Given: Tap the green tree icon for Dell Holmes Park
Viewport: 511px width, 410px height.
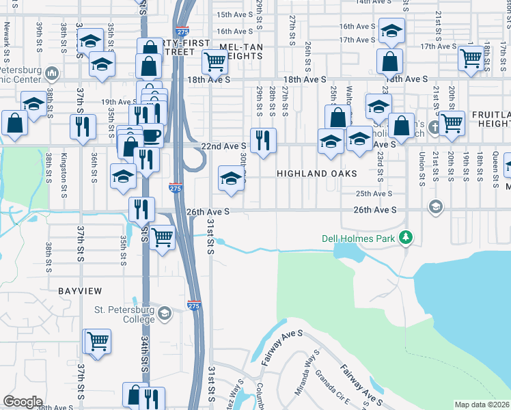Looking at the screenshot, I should pyautogui.click(x=406, y=236).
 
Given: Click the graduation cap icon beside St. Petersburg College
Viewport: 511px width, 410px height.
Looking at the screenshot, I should pyautogui.click(x=164, y=314).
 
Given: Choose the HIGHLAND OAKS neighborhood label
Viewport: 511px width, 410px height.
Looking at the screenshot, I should pyautogui.click(x=316, y=174).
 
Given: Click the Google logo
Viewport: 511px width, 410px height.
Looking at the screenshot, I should pyautogui.click(x=23, y=402).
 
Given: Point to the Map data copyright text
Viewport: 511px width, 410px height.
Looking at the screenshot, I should pyautogui.click(x=482, y=405).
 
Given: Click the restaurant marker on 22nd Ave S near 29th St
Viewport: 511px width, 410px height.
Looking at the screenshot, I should pyautogui.click(x=263, y=141).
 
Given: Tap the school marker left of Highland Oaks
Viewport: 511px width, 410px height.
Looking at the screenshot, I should pyautogui.click(x=231, y=179).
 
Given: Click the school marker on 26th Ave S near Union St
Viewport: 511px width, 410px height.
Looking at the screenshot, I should pyautogui.click(x=434, y=206).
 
